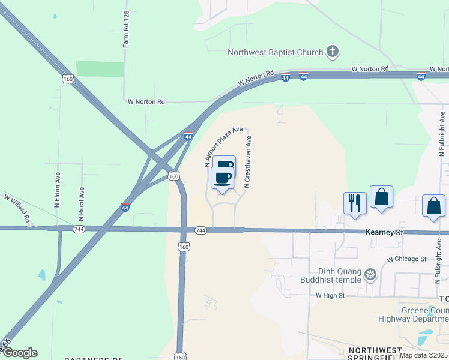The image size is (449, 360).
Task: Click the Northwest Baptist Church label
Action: tap(275, 52)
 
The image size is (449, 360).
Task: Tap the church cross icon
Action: tap(332, 52)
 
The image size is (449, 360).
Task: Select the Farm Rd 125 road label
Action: tap(126, 29)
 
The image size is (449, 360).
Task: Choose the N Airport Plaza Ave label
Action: tap(223, 146)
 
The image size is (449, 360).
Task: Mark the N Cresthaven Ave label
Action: tap(248, 161)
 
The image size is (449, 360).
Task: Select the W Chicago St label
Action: tap(406, 259)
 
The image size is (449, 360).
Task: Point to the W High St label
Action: tap(330, 296)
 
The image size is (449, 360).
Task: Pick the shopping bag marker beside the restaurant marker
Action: tap(381, 197)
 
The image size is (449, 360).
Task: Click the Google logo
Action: tap(20, 353)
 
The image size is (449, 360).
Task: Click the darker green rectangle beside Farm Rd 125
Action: tap(100, 69)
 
